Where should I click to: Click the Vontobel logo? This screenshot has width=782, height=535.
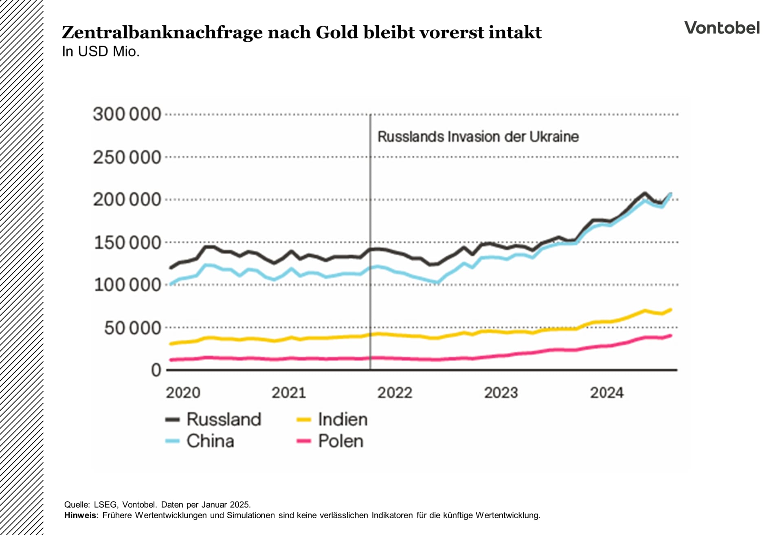pyautogui.click(x=722, y=28)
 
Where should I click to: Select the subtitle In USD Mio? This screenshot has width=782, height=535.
pyautogui.click(x=101, y=52)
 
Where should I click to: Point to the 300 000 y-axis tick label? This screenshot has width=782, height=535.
pyautogui.click(x=127, y=114)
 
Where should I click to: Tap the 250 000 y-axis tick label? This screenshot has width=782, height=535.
pyautogui.click(x=127, y=157)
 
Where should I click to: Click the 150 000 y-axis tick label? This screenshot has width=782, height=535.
pyautogui.click(x=127, y=242)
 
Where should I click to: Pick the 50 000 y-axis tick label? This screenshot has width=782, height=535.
pyautogui.click(x=133, y=328)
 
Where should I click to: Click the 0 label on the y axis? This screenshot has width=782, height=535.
pyautogui.click(x=156, y=370)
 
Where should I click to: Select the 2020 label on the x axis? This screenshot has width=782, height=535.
pyautogui.click(x=183, y=393)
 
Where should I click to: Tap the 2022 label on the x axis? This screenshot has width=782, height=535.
pyautogui.click(x=395, y=393)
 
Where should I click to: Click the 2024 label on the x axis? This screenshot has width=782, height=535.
pyautogui.click(x=607, y=393)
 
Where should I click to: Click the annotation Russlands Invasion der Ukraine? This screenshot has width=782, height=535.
pyautogui.click(x=478, y=137)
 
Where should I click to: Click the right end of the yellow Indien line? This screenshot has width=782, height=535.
pyautogui.click(x=670, y=310)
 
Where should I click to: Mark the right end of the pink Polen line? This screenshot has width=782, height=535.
pyautogui.click(x=670, y=336)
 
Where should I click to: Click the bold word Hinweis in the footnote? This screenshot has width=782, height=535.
pyautogui.click(x=80, y=515)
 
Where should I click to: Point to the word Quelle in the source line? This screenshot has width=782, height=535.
pyautogui.click(x=76, y=505)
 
